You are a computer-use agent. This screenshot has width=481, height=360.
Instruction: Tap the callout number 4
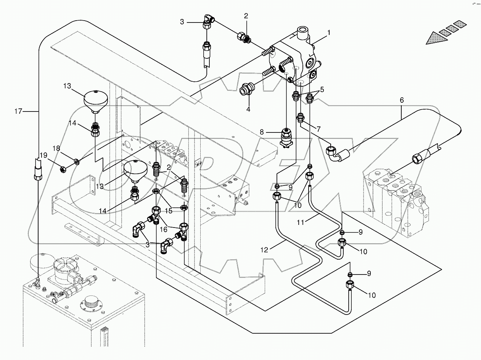[248, 109]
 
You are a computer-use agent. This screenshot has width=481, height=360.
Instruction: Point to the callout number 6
[402, 100]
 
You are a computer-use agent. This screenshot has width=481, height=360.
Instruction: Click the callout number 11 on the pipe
[300, 221]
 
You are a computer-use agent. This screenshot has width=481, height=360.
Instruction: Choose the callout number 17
[18, 111]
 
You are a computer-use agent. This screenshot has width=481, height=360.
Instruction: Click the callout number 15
[169, 210]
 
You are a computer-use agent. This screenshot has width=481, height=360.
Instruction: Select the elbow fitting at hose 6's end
[335, 153]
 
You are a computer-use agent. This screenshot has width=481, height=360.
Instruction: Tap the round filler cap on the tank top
[92, 302]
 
